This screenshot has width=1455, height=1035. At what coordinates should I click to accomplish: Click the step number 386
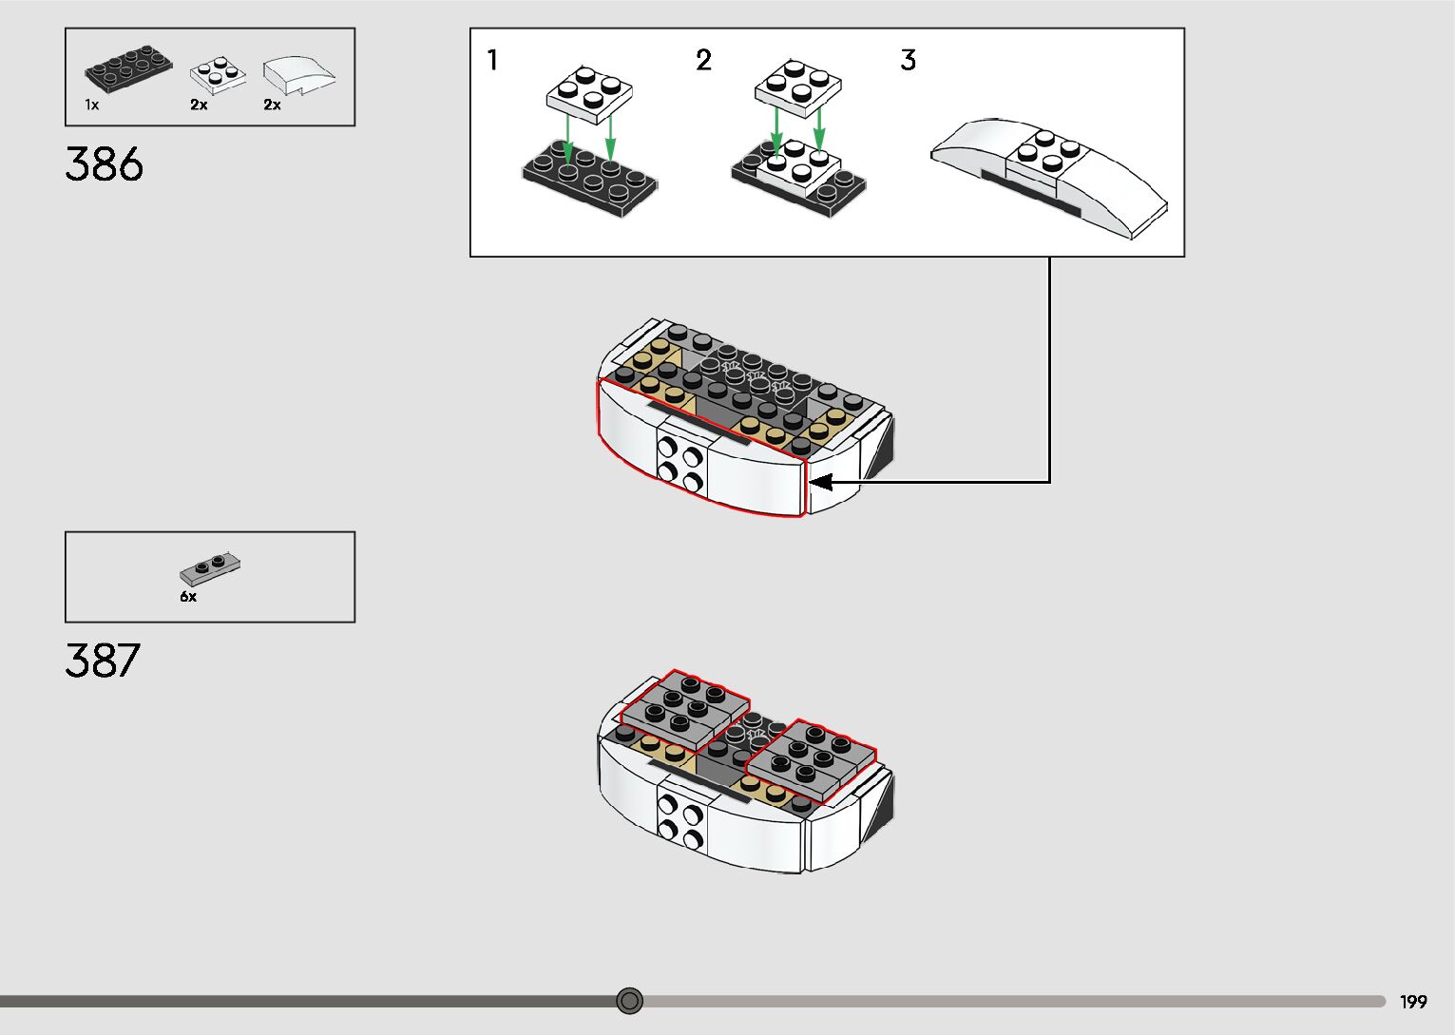pyautogui.click(x=105, y=164)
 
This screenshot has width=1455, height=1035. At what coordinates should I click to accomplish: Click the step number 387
pyautogui.click(x=103, y=661)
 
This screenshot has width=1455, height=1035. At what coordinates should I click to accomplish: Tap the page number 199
pyautogui.click(x=1413, y=1002)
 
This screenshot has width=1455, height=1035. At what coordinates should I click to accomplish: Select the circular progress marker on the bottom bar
pyautogui.click(x=629, y=1001)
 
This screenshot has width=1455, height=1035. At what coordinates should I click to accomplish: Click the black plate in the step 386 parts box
pyautogui.click(x=129, y=69)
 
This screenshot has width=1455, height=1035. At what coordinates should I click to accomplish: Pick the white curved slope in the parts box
pyautogui.click(x=298, y=74)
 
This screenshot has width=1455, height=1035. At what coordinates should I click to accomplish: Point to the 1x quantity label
pyautogui.click(x=92, y=105)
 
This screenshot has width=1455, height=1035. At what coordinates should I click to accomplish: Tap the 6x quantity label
pyautogui.click(x=188, y=597)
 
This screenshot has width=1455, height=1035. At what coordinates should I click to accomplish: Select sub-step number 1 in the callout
pyautogui.click(x=492, y=61)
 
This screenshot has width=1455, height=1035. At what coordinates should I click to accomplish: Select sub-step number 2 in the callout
pyautogui.click(x=703, y=61)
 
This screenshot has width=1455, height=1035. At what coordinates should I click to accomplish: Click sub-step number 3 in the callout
pyautogui.click(x=909, y=61)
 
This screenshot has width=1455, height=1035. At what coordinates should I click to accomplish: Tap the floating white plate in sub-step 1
pyautogui.click(x=589, y=92)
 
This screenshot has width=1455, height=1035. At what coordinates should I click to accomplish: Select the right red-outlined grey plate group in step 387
pyautogui.click(x=812, y=759)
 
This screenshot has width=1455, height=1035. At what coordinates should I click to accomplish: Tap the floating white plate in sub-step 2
pyautogui.click(x=798, y=87)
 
